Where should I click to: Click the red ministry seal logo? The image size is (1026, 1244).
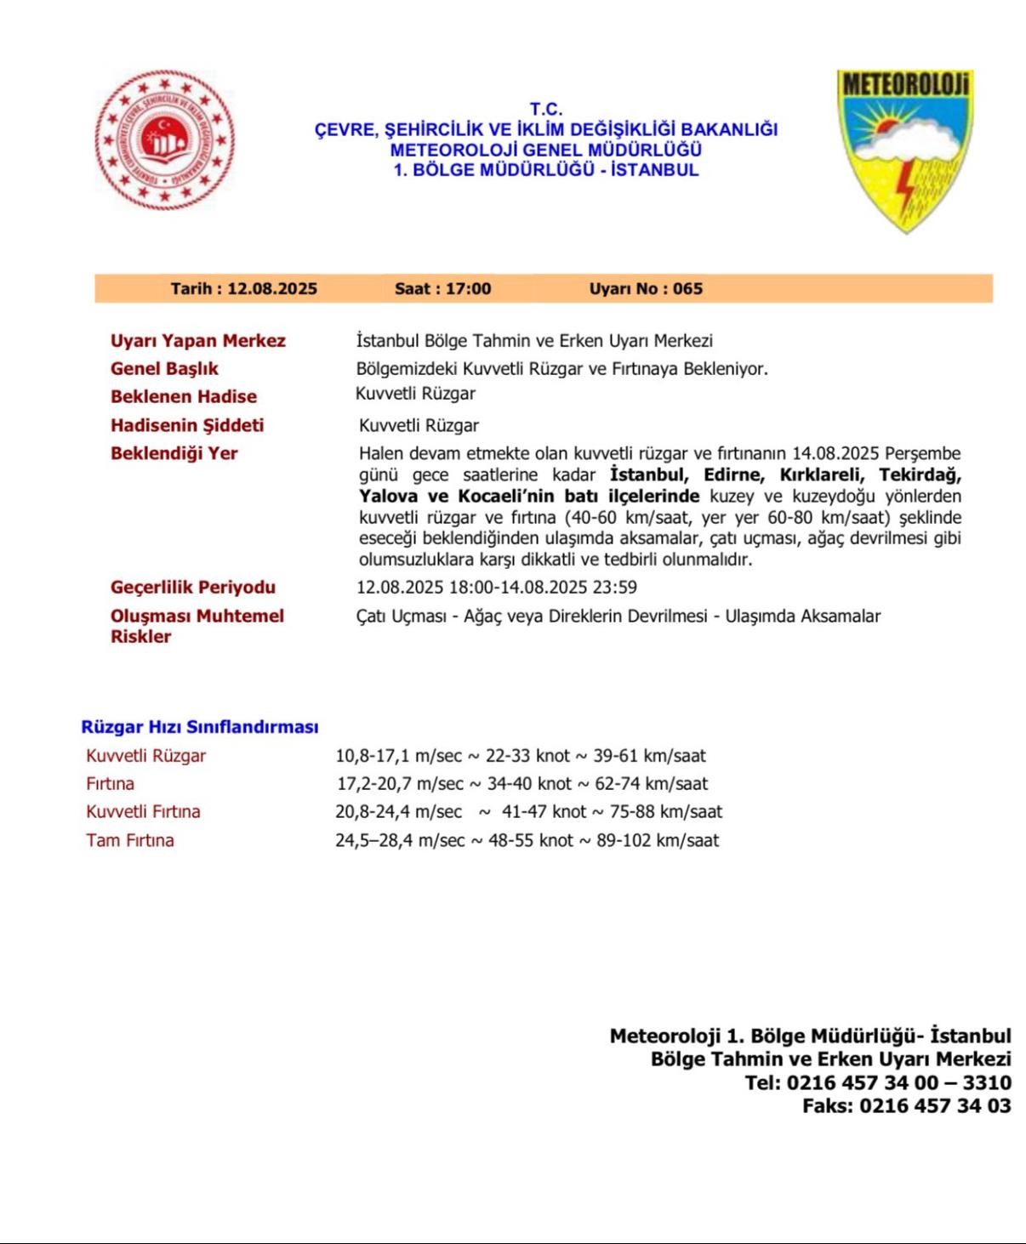(164, 140)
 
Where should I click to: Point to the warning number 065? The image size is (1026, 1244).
(687, 289)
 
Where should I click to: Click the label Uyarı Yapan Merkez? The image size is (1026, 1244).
(197, 341)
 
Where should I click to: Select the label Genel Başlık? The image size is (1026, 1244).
(164, 369)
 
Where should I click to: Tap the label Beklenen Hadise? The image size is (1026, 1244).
(183, 397)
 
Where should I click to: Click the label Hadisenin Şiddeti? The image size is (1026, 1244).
(187, 425)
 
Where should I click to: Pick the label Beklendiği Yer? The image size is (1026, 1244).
(174, 453)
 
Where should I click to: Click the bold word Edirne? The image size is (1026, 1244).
(732, 475)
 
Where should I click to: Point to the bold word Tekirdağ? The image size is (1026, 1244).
(920, 475)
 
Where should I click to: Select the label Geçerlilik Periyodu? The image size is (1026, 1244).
(192, 588)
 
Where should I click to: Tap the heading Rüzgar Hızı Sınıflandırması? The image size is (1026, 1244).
(200, 728)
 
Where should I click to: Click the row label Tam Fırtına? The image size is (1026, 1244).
(129, 841)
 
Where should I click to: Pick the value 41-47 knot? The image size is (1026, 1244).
(544, 812)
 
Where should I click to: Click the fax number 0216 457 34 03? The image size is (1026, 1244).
(935, 1106)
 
